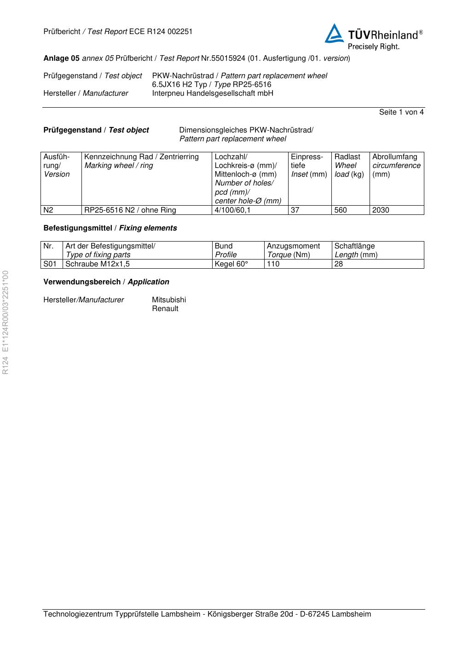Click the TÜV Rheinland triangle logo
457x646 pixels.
click(x=335, y=34)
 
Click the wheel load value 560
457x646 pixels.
click(x=341, y=210)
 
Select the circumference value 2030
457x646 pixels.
click(x=381, y=210)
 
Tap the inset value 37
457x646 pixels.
click(x=295, y=210)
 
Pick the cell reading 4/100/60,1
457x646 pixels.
click(x=232, y=210)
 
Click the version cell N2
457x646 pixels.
click(x=48, y=210)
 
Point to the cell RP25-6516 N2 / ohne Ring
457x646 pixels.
click(x=130, y=210)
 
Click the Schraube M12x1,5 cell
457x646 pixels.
click(x=98, y=264)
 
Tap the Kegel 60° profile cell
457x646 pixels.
click(x=231, y=264)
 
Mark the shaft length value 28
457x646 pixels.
click(x=339, y=264)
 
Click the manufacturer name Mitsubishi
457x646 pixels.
click(x=169, y=300)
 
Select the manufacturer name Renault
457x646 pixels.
click(x=165, y=309)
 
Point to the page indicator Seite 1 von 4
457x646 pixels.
click(x=401, y=112)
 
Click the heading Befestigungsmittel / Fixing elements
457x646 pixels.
click(x=110, y=228)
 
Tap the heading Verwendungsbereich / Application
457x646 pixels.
click(x=106, y=282)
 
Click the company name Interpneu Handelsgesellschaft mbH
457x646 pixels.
click(x=213, y=93)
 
